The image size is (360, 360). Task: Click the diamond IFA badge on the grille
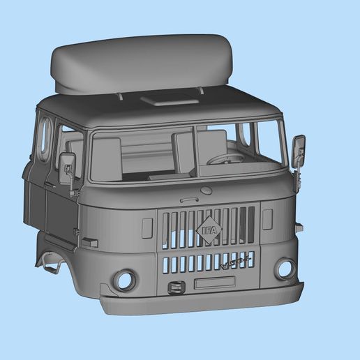[x=209, y=230]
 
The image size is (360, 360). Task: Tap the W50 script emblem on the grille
[x=233, y=264]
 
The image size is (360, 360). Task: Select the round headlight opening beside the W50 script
[x=285, y=268]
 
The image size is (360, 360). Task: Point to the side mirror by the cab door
[x=68, y=167]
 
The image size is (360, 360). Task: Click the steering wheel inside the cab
[x=225, y=160]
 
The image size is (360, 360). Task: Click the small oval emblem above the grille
[x=206, y=190]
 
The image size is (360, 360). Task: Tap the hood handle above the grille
[x=189, y=200]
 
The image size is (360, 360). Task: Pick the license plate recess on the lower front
[x=214, y=283]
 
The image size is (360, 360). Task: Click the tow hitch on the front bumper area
[x=176, y=286]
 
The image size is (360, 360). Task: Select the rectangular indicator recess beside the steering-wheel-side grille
[x=267, y=219]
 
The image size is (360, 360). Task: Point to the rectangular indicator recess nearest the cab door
[x=147, y=228]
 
